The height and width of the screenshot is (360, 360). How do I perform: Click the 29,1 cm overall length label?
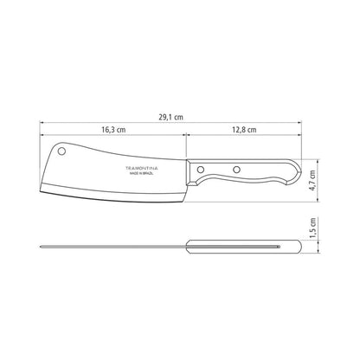click(x=170, y=117)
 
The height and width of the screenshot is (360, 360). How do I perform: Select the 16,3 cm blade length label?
click(x=113, y=130)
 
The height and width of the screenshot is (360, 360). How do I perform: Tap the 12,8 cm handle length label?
click(x=244, y=130)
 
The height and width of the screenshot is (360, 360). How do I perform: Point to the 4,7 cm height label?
click(x=312, y=180)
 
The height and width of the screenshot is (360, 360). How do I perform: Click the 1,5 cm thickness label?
click(x=312, y=228)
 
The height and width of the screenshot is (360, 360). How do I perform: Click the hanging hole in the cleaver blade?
click(x=61, y=151)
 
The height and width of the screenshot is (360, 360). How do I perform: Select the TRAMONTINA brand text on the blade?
click(x=141, y=168)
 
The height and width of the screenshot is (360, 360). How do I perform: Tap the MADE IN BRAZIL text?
click(x=141, y=174)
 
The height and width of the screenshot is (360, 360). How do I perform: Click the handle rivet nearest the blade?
click(x=201, y=169)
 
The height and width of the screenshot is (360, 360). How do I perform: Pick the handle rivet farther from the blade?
click(x=236, y=170)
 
